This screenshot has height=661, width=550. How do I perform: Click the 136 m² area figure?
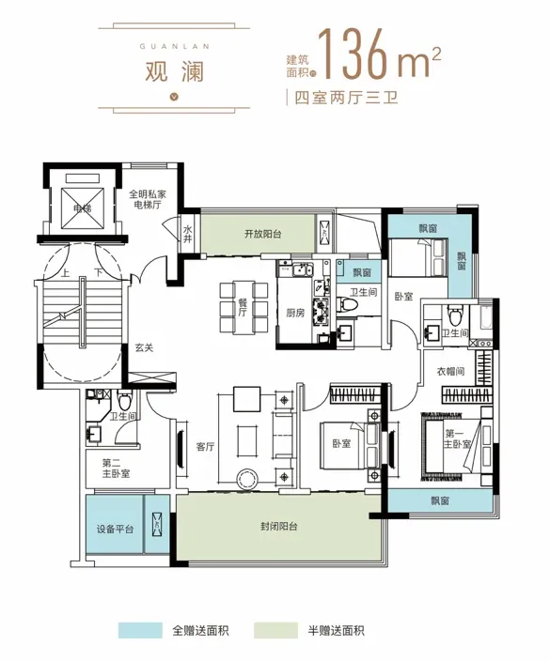click(x=379, y=54)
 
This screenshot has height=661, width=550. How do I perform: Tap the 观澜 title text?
click(x=174, y=70)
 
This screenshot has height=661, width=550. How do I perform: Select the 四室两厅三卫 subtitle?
click(x=346, y=98)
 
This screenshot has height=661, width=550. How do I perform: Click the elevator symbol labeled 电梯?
click(x=83, y=208)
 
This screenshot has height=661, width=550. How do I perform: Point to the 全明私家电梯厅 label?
click(x=148, y=199)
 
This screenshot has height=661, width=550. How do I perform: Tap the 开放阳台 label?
click(x=262, y=234)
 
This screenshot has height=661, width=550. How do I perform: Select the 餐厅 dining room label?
click(x=243, y=307)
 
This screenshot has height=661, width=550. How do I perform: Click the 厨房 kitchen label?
click(x=295, y=313)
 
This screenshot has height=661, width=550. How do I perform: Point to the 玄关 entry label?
click(x=144, y=347)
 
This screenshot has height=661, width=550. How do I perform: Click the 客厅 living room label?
click(x=206, y=446)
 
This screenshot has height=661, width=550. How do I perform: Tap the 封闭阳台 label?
click(x=278, y=526)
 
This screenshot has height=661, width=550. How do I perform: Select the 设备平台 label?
click(x=115, y=529)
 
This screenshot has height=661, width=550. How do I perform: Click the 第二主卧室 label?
click(x=116, y=469)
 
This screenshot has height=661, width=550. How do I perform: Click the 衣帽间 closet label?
click(x=450, y=372)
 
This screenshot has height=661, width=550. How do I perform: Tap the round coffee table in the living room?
click(x=247, y=479)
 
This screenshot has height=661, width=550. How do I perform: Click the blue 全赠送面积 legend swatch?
click(x=140, y=631)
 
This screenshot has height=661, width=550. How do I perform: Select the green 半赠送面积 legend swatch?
click(x=276, y=631)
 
